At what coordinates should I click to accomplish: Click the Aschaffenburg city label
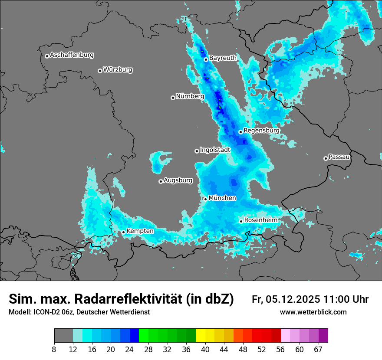pos(72,55)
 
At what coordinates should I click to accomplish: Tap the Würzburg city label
pos(118,70)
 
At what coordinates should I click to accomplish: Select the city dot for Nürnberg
pos(173,98)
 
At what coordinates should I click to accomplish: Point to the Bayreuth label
pos(223,58)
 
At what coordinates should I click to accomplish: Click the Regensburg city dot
pos(240,132)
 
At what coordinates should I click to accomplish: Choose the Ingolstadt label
pos(215,150)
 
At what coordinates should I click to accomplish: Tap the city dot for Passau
pos(326,158)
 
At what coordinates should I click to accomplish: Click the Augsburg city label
pos(178,180)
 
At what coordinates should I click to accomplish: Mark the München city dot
pos(205,200)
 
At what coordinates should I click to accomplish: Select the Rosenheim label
pos(260,220)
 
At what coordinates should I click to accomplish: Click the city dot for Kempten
pos(123,232)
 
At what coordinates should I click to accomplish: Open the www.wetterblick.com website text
pos(313,312)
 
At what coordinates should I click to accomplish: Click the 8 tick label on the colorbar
pos(54,349)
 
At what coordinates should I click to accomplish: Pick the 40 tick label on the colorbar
pos(205,349)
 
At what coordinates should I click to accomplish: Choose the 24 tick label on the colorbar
pos(130,349)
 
